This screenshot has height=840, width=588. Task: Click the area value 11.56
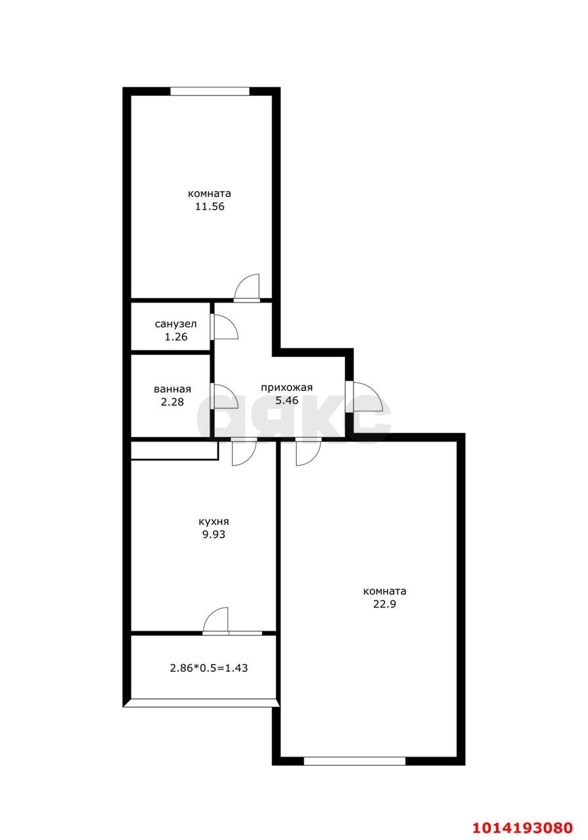210,206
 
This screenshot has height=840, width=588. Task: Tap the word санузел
176,324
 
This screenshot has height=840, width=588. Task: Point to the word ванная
173,388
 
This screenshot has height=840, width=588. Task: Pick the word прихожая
286,387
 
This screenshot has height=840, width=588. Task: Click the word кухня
214,522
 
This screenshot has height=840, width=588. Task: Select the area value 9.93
214,534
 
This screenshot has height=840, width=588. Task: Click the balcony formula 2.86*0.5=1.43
209,668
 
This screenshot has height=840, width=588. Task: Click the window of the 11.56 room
210,91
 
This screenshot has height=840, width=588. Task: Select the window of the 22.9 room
355,761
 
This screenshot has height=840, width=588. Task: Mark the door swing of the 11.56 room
248,287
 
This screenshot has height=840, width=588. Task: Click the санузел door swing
224,327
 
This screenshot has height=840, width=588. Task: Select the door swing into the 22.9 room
307,451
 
